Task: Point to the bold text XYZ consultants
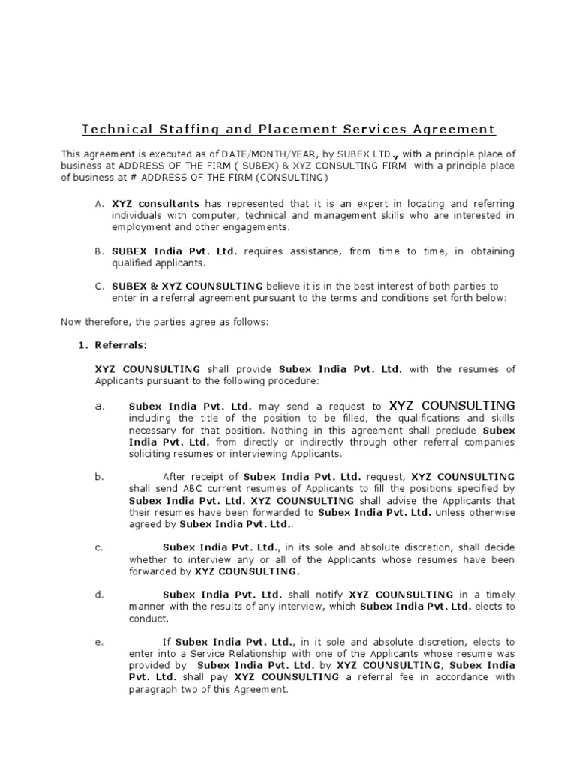155,203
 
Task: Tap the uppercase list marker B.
99,251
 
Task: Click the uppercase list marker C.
99,286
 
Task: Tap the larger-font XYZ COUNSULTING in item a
452,405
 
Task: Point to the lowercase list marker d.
99,595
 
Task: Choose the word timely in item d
499,595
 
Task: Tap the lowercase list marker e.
99,642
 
